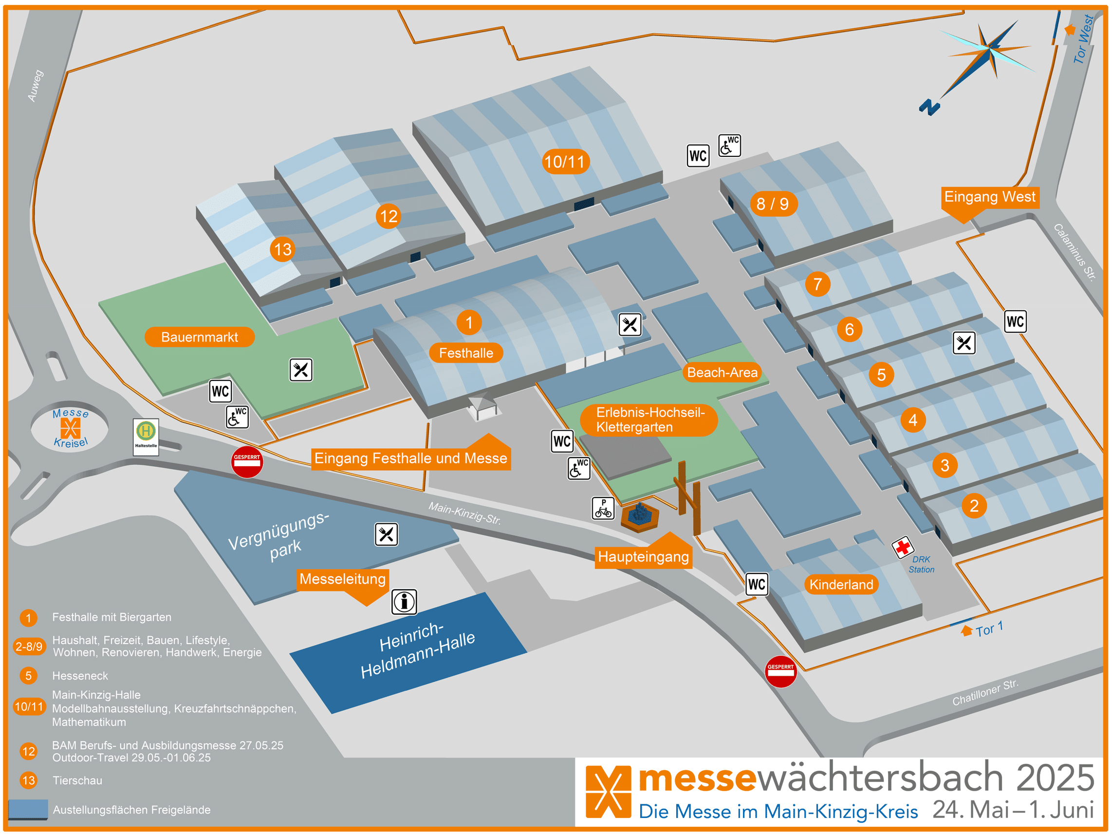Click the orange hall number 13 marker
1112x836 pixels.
[282, 249]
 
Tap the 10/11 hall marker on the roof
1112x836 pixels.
[565, 162]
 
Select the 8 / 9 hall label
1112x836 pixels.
[773, 204]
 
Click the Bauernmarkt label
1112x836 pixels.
[200, 337]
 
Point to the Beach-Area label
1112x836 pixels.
[722, 372]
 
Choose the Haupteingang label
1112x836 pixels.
[643, 556]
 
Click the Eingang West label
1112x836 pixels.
[989, 197]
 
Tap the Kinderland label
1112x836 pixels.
[841, 585]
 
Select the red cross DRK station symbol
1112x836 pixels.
[903, 547]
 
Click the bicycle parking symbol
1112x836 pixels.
[603, 509]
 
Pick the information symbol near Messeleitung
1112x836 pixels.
[404, 602]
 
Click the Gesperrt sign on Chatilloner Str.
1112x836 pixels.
[781, 671]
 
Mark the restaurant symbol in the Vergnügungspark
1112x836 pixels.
[386, 534]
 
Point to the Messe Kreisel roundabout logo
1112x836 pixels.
[71, 428]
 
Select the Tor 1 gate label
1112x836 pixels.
[989, 629]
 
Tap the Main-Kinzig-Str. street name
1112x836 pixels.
[464, 513]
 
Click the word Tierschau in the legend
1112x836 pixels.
[77, 780]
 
